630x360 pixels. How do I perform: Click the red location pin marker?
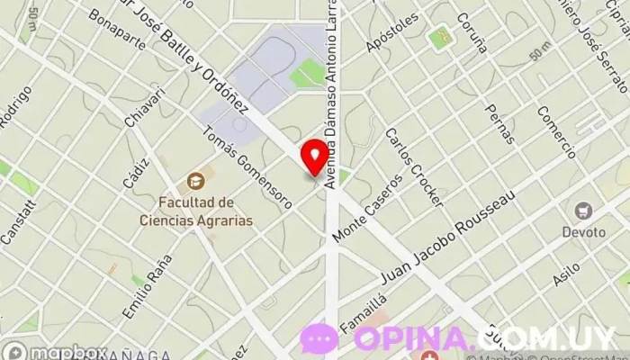tap(314, 156)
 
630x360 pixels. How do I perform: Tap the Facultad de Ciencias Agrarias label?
tap(196, 211)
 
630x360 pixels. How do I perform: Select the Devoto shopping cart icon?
tap(585, 211)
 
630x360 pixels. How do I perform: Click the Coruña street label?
tap(472, 32)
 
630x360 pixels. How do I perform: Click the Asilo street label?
tap(566, 274)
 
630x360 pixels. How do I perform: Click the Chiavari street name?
tap(146, 106)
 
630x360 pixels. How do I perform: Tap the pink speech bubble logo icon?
tap(319, 337)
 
